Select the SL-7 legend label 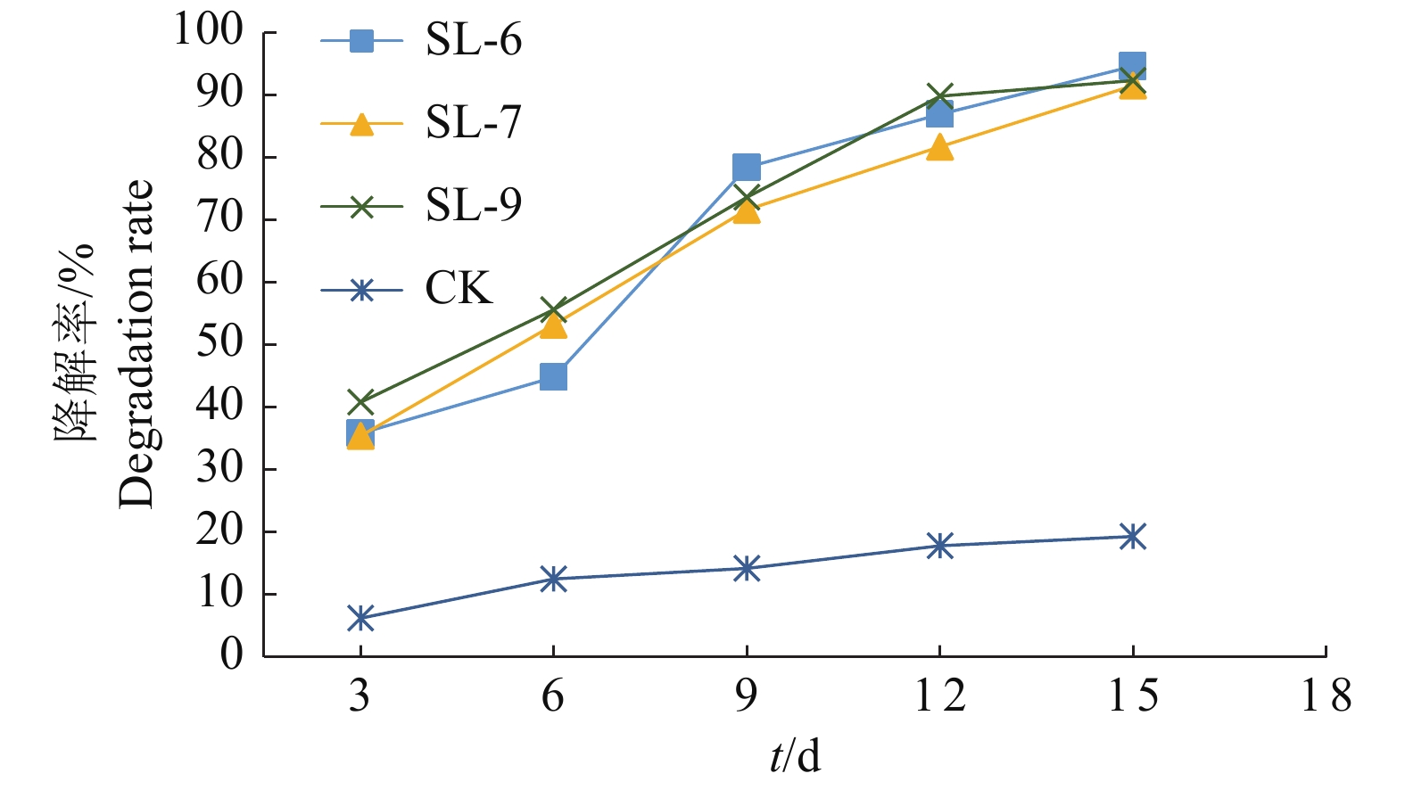coord(473,123)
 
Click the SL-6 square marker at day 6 coord(553,376)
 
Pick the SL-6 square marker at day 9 coord(746,167)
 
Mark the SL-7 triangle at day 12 coord(939,147)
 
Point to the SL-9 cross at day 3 coord(360,401)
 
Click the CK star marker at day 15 coord(1132,537)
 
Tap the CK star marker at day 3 coord(360,618)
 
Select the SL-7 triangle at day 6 coord(553,326)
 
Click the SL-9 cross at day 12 coord(939,95)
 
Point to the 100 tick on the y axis coord(208,31)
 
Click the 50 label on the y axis coord(219,343)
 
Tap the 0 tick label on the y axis coord(231,655)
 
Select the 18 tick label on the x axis coord(1326,695)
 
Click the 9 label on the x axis coord(746,695)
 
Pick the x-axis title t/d coord(795,757)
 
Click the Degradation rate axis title coord(136,343)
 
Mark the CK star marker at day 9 coord(746,569)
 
